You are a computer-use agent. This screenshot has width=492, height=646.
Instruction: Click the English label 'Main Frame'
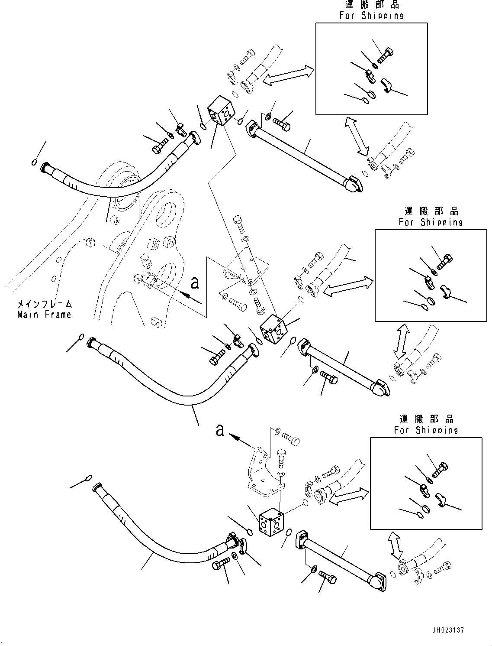(44, 315)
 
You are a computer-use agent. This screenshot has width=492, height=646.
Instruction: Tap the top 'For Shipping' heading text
(371, 16)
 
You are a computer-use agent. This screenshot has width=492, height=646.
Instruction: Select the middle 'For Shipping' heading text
(431, 222)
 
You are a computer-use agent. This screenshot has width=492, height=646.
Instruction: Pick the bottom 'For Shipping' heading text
(426, 430)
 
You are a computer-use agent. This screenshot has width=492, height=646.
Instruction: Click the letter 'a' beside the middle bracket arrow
(195, 283)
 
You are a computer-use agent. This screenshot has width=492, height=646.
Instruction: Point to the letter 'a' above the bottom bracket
(220, 430)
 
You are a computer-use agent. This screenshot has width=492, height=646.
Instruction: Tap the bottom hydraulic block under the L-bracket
(272, 523)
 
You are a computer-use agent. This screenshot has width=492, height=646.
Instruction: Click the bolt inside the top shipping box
(386, 55)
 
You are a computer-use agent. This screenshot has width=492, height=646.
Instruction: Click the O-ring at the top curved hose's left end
(34, 162)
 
